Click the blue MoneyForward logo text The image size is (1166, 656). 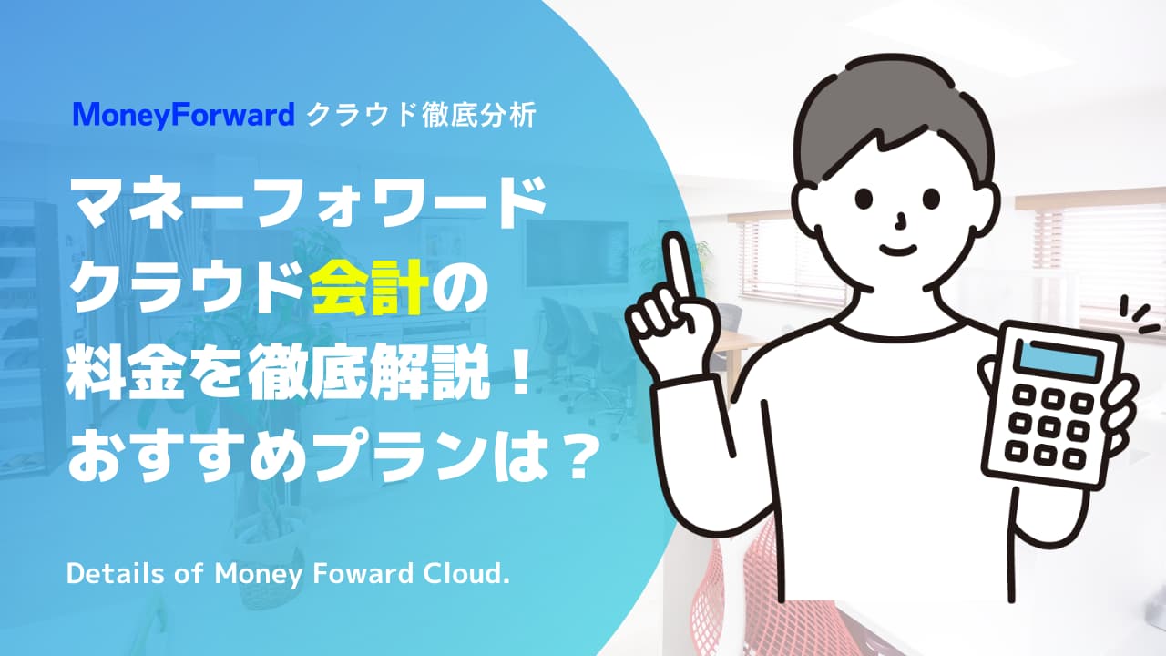point(184,116)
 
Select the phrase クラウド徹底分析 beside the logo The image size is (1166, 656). point(421,116)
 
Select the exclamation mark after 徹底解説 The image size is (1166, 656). point(517,374)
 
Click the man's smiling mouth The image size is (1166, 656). point(899,249)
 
